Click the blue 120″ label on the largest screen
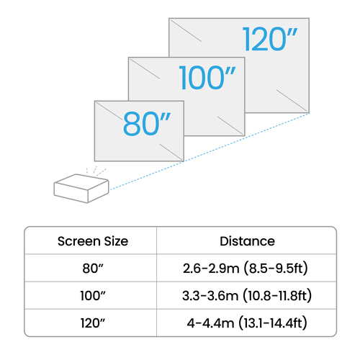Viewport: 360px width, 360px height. click(270, 39)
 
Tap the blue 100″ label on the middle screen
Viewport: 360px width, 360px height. click(207, 78)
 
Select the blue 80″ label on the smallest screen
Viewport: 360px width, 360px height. click(147, 124)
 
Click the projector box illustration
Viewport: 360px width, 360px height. click(81, 189)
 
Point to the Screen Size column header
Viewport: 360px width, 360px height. click(93, 241)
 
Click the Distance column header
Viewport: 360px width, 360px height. click(248, 241)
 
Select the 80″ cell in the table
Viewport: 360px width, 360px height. click(93, 269)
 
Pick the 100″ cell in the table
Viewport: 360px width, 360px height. click(93, 295)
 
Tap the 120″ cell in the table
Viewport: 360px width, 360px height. click(93, 323)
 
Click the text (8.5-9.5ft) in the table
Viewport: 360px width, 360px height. click(276, 269)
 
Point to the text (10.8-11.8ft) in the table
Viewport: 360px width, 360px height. click(277, 295)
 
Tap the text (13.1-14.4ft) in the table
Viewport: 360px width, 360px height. click(273, 323)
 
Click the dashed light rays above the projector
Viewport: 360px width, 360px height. click(96, 171)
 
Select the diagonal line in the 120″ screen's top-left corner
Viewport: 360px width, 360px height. click(186, 31)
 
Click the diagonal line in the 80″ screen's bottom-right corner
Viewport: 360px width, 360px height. click(171, 152)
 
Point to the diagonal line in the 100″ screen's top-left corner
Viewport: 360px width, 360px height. click(145, 69)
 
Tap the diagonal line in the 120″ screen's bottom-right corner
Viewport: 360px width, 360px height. click(292, 100)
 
